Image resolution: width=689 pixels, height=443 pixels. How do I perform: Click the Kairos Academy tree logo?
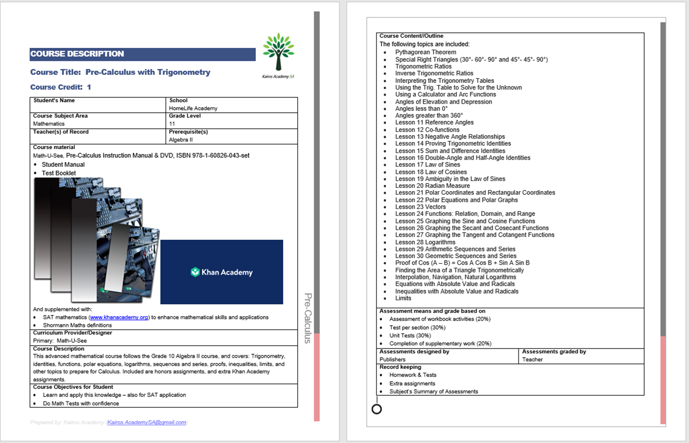[x=279, y=53]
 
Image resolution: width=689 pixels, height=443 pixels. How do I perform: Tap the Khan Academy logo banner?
[x=222, y=272]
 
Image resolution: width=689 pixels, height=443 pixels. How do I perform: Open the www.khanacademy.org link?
[x=119, y=317]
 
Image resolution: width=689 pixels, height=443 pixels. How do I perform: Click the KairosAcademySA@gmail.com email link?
[x=146, y=422]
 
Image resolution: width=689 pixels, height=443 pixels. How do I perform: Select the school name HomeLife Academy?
[x=193, y=108]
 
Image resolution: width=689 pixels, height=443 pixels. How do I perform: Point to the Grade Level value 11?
[x=172, y=124]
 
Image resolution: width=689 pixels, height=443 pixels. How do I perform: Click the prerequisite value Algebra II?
[x=181, y=140]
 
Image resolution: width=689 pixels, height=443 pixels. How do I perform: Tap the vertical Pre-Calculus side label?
[x=308, y=318]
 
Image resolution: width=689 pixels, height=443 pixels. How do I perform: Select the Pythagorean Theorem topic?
[x=426, y=52]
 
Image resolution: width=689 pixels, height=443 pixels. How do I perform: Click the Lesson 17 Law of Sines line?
[x=427, y=165]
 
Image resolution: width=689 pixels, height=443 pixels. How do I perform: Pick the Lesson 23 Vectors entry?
[x=420, y=207]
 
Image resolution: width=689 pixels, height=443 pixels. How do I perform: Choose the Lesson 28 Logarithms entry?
[x=425, y=242]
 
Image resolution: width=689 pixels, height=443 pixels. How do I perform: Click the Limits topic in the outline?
[x=403, y=298]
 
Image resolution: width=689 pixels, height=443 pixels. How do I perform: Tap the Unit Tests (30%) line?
[x=410, y=335]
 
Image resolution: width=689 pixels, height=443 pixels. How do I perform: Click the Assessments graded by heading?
[x=554, y=352]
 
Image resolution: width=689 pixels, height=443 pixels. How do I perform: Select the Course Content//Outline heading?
[x=411, y=36]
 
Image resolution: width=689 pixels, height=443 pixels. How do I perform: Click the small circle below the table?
[x=377, y=409]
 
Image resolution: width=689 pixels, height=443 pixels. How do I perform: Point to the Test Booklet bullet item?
[x=59, y=173]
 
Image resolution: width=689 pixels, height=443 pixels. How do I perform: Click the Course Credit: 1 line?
[x=61, y=87]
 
